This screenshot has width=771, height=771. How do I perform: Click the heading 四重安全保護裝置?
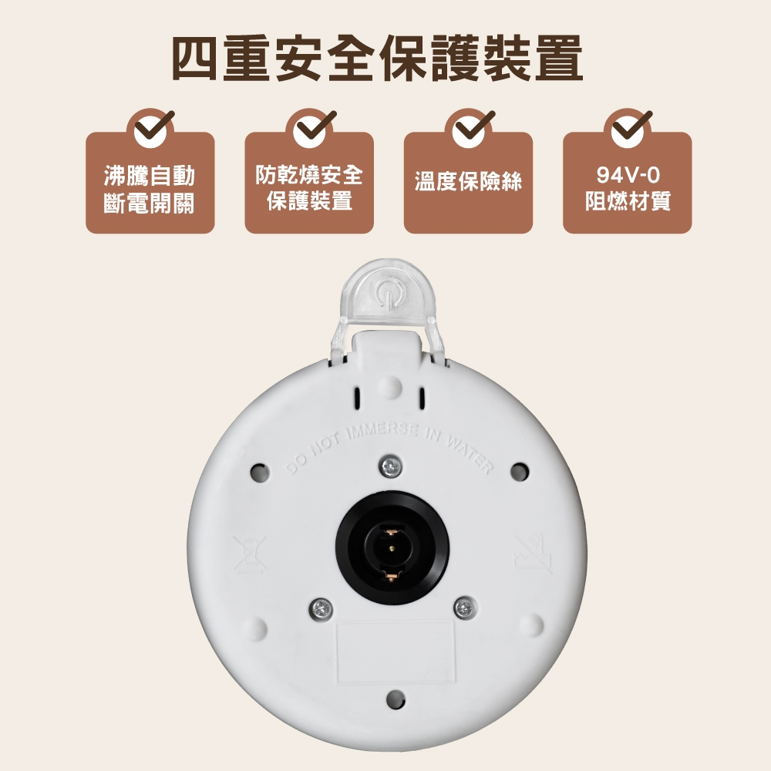(377, 58)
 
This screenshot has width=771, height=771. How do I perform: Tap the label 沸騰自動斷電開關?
(150, 189)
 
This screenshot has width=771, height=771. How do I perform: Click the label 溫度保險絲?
(468, 182)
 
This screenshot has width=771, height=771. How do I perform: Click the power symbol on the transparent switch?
(387, 292)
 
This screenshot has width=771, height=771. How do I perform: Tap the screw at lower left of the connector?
(320, 608)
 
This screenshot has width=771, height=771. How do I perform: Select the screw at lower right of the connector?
(463, 608)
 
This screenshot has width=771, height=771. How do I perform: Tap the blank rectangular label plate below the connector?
(396, 652)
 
